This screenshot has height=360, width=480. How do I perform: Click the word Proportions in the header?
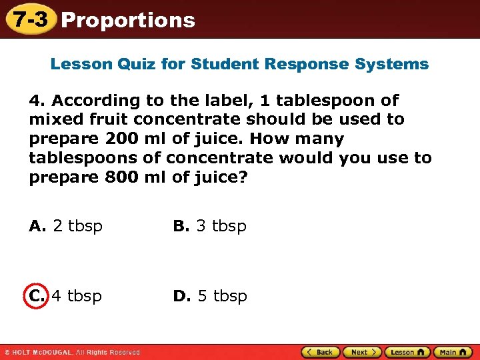(x=127, y=20)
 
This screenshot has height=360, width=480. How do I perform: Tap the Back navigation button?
(x=319, y=352)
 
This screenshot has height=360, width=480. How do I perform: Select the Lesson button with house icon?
(x=407, y=352)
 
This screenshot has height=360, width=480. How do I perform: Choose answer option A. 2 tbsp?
(x=66, y=226)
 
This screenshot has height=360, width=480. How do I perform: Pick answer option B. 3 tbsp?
(x=210, y=226)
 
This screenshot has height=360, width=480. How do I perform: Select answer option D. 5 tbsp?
(x=210, y=296)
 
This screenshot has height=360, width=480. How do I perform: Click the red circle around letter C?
(x=37, y=296)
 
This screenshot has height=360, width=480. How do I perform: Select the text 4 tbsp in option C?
(x=77, y=296)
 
